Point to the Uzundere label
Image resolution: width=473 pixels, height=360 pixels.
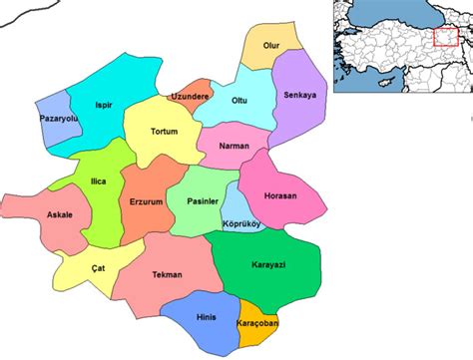pyautogui.click(x=191, y=96)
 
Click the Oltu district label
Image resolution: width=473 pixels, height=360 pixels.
pyautogui.click(x=239, y=100)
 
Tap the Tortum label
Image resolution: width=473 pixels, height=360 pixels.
pyautogui.click(x=164, y=132)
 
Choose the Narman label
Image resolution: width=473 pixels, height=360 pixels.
pyautogui.click(x=234, y=145)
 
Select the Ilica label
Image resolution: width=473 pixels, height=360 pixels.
pyautogui.click(x=98, y=181)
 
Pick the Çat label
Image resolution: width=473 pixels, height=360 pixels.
pyautogui.click(x=97, y=266)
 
